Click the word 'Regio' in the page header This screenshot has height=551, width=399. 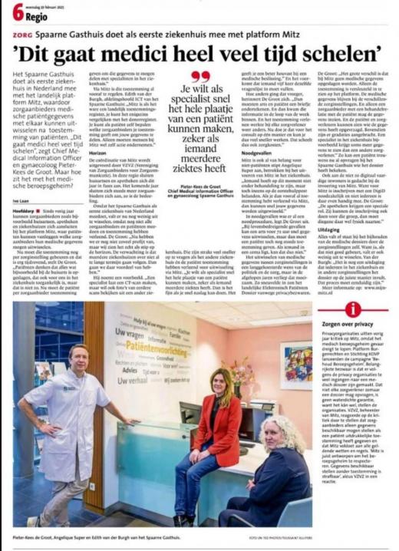(36, 15)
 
